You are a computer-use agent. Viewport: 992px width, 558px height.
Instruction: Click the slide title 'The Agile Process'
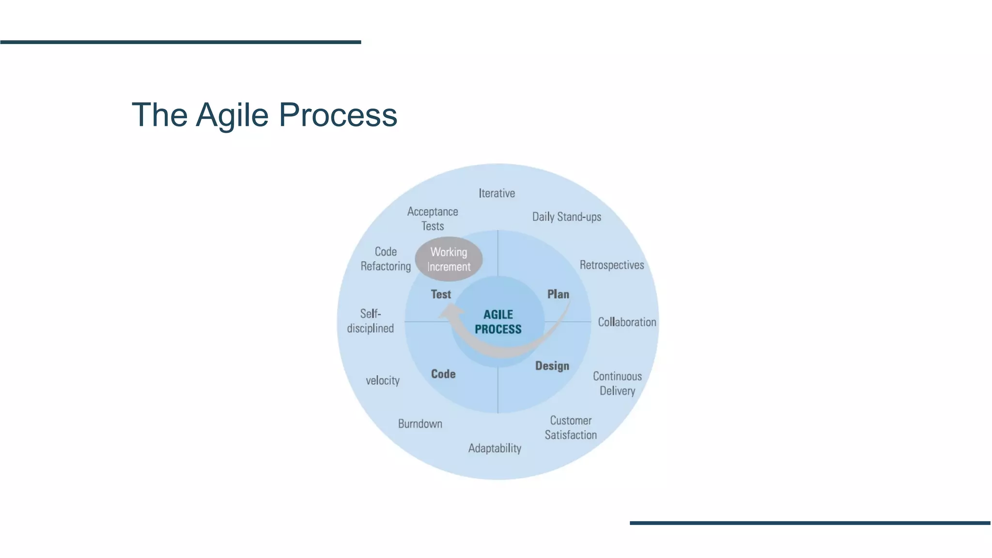264,115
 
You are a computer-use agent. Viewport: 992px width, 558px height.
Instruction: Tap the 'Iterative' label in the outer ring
496,193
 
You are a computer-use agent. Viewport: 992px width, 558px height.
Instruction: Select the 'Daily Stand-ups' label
566,217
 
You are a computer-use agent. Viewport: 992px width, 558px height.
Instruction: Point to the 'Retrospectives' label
612,265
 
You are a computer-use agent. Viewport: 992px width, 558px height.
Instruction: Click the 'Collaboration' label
627,322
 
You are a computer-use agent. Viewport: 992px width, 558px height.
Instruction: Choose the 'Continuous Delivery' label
617,383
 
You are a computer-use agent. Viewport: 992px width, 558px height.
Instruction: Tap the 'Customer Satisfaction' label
571,428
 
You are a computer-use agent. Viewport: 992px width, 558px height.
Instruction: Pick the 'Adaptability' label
495,448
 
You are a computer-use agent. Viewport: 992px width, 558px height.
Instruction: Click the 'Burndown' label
420,424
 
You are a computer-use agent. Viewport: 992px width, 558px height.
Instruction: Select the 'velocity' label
383,380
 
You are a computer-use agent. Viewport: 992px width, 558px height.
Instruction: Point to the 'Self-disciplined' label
371,321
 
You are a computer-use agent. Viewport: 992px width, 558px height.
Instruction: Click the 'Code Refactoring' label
386,259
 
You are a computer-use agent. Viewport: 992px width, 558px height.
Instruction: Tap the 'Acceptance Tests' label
433,218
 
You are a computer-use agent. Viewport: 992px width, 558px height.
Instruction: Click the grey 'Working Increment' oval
449,259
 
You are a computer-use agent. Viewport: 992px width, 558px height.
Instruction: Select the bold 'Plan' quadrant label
558,294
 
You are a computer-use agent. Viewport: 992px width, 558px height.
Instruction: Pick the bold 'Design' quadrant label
552,366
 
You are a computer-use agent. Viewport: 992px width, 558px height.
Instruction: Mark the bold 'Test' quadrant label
441,294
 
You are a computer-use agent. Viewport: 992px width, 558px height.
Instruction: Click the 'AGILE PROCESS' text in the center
498,322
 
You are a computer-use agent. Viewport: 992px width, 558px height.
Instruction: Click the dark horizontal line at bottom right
810,523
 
